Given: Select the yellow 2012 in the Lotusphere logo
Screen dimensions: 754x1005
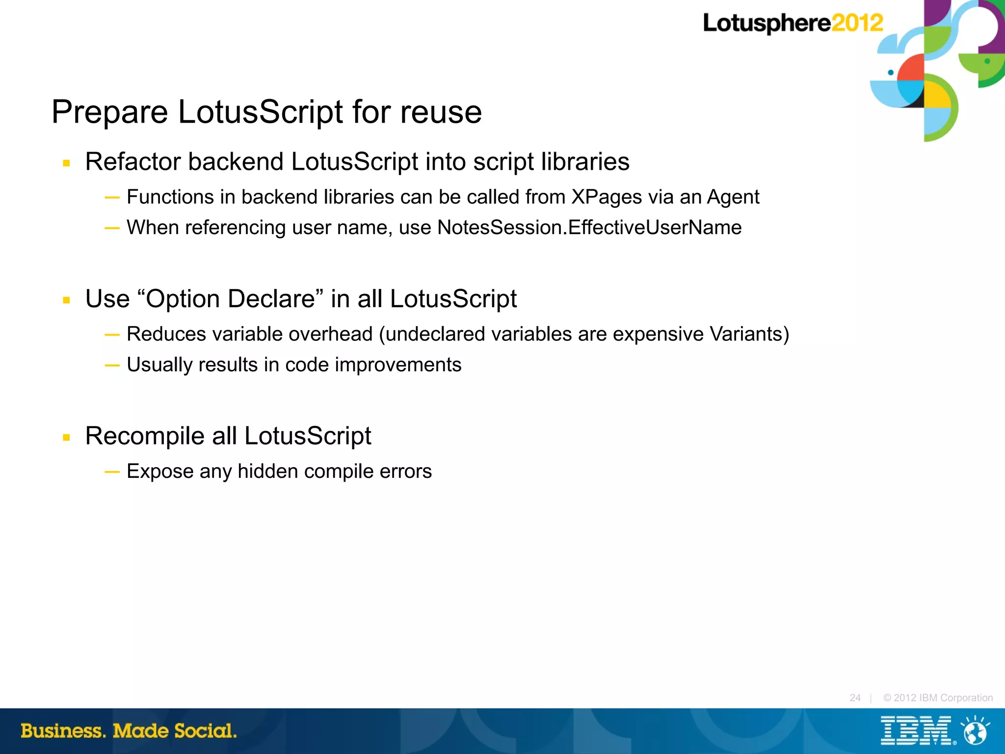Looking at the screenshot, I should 857,23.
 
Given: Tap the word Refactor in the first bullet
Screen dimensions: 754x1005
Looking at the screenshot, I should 135,162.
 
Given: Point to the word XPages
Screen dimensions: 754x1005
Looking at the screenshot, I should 607,197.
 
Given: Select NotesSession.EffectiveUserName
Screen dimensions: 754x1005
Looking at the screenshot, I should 589,228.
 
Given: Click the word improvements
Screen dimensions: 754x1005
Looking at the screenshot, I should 398,365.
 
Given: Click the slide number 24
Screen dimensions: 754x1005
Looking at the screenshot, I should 855,698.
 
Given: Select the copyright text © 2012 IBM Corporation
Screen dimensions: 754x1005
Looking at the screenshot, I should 938,698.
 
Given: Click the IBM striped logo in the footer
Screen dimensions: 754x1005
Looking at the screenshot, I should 916,730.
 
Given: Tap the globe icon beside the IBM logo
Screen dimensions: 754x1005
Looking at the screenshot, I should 975,731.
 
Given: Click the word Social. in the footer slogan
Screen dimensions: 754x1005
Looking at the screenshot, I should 205,731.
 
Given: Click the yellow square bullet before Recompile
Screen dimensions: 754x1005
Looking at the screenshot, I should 67,437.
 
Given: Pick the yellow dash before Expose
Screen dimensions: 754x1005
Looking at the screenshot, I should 112,472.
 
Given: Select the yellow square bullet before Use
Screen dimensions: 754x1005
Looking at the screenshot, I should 67,300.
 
